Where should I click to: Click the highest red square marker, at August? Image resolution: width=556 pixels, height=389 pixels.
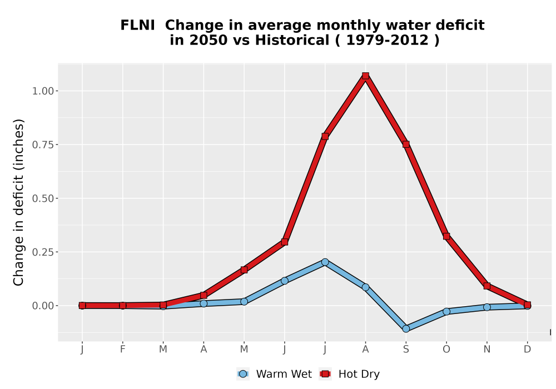click(x=366, y=76)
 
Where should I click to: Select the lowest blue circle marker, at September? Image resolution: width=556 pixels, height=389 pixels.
click(x=406, y=329)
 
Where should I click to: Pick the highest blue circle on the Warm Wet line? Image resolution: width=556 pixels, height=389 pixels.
click(x=325, y=262)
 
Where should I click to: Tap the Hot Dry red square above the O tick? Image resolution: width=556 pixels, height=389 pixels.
click(x=446, y=236)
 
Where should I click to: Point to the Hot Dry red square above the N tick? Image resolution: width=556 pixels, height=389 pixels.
click(x=487, y=286)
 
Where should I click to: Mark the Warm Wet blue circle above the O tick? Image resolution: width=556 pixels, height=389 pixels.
click(x=446, y=311)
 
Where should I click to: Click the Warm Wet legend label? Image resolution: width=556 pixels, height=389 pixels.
click(x=284, y=374)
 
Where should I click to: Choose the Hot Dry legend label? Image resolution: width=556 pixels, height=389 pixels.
click(x=359, y=374)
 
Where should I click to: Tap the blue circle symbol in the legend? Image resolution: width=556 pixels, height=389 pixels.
click(x=243, y=374)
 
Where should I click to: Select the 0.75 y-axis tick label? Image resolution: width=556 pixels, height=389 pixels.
click(x=43, y=144)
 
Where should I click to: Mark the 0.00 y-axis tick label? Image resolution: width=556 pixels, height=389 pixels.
click(x=43, y=306)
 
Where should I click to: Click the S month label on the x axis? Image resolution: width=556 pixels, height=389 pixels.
click(x=406, y=350)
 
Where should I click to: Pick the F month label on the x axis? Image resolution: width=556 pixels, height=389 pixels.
click(x=123, y=350)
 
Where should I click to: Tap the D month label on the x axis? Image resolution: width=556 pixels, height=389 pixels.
click(x=527, y=350)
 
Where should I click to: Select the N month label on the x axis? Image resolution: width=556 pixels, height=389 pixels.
click(x=487, y=350)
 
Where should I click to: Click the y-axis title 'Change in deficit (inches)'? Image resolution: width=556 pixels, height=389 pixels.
click(x=18, y=202)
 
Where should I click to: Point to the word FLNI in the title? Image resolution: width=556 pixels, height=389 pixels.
click(x=137, y=26)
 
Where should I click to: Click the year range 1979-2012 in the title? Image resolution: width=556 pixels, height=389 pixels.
click(x=387, y=40)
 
